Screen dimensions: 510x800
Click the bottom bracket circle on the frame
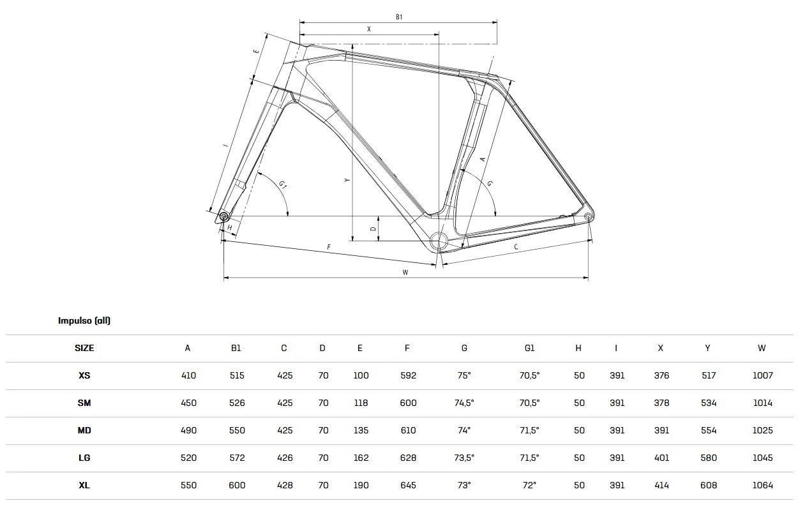[439, 241]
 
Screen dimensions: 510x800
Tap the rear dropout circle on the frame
[587, 217]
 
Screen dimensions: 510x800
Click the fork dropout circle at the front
[224, 216]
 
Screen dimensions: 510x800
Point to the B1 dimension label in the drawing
[398, 17]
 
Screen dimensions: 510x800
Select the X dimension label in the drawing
[369, 29]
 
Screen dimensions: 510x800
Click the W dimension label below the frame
[405, 273]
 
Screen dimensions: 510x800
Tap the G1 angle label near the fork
[282, 185]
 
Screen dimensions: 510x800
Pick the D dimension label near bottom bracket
[374, 229]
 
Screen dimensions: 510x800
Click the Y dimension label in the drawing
[347, 181]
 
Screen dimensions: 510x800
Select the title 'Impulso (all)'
[84, 320]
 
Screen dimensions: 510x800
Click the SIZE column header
[84, 348]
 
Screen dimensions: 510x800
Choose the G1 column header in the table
[529, 348]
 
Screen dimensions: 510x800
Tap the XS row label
[84, 375]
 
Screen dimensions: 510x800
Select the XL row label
[84, 485]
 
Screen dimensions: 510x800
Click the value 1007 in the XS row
[762, 375]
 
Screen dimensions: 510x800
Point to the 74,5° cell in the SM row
[464, 403]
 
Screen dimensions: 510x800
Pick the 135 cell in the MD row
[361, 430]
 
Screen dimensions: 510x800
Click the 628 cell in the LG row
[407, 458]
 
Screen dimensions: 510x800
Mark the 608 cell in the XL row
[708, 485]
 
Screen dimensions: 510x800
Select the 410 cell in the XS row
[188, 375]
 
